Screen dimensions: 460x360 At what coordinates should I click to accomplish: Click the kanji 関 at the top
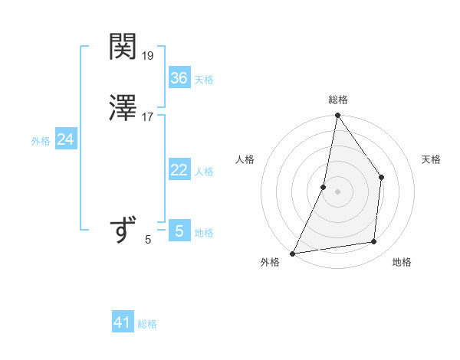pos(123,48)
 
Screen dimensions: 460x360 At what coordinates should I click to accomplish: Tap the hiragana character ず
pos(123,230)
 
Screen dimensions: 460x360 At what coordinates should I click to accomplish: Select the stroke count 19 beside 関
pos(149,56)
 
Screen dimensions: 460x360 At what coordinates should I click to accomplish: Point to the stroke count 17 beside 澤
pos(148,116)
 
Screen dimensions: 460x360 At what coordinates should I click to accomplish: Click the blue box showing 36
pos(179,78)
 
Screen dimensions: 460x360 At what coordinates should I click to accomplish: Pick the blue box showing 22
pos(179,170)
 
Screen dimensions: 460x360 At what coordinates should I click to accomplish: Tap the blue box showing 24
pos(66,139)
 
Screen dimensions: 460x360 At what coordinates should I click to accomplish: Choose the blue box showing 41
pos(123,322)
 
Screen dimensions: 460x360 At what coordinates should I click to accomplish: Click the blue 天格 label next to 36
pos(204,80)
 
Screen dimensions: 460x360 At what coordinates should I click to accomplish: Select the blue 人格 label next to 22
pos(204,172)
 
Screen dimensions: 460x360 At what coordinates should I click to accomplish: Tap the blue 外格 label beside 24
pos(41,141)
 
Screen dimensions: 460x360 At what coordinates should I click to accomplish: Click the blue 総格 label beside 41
pos(147,324)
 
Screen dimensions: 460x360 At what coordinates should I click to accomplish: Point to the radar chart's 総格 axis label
pos(338,100)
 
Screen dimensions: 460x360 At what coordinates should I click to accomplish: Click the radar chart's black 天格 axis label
pos(431,159)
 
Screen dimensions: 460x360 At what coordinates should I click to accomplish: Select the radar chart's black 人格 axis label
pos(245,159)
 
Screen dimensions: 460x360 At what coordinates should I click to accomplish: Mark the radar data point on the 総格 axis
pos(337,116)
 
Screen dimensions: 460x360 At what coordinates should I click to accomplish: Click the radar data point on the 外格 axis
pos(293,253)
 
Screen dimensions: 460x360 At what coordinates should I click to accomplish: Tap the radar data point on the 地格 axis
pos(374,242)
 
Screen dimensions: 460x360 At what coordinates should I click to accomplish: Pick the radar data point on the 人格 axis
pos(324,187)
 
